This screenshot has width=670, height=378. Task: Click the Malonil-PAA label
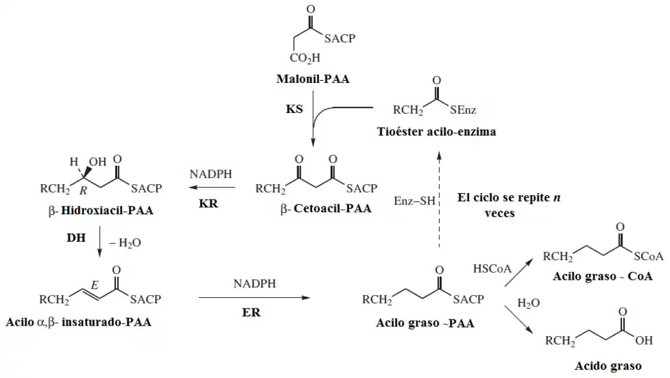(313, 80)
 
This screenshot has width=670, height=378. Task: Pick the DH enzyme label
(76, 238)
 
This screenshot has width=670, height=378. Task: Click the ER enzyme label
(252, 312)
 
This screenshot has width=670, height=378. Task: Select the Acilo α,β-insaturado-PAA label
(78, 322)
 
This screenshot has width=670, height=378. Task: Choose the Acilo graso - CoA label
(603, 276)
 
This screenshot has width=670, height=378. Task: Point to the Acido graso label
(608, 365)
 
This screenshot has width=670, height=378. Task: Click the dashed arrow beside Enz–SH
(439, 202)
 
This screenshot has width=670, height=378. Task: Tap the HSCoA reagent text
(492, 269)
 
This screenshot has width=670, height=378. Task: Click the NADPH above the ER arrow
(255, 284)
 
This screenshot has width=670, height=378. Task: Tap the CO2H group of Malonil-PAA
(305, 59)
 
